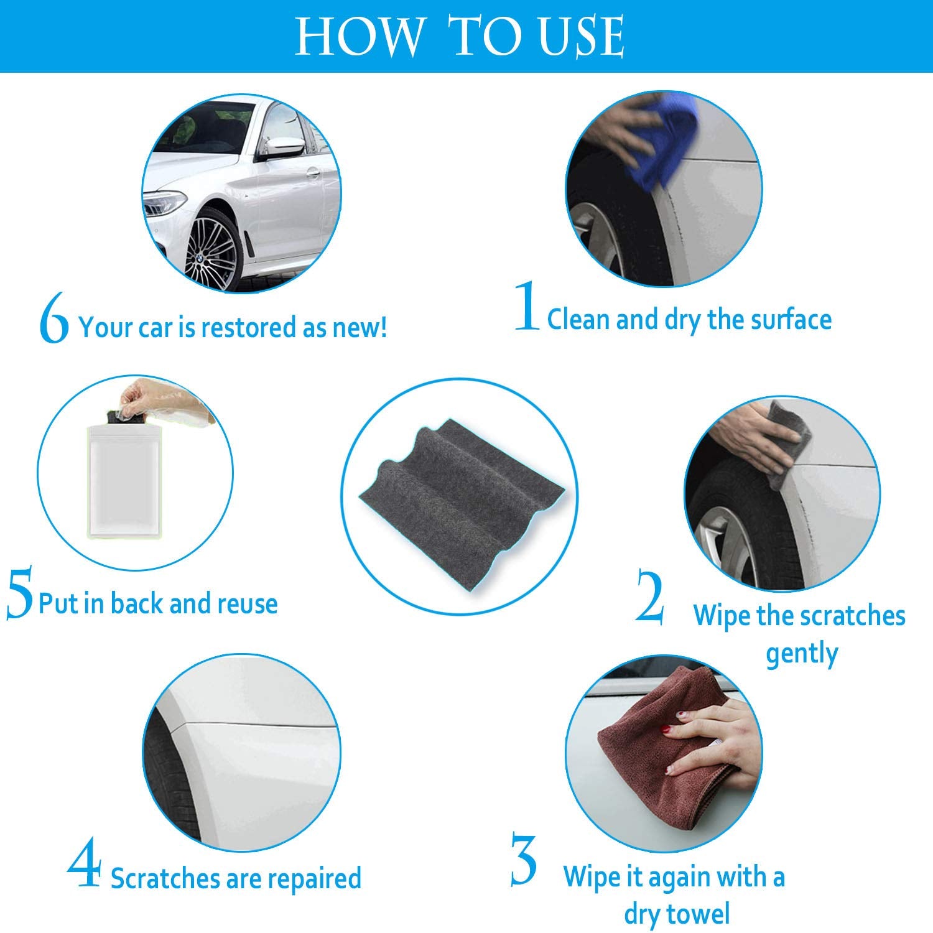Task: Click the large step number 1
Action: (x=526, y=307)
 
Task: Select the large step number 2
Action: (x=649, y=598)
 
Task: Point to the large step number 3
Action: (x=524, y=861)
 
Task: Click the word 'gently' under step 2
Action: (x=802, y=654)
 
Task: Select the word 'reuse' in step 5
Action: (x=247, y=604)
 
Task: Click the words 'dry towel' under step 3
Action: (x=677, y=914)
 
